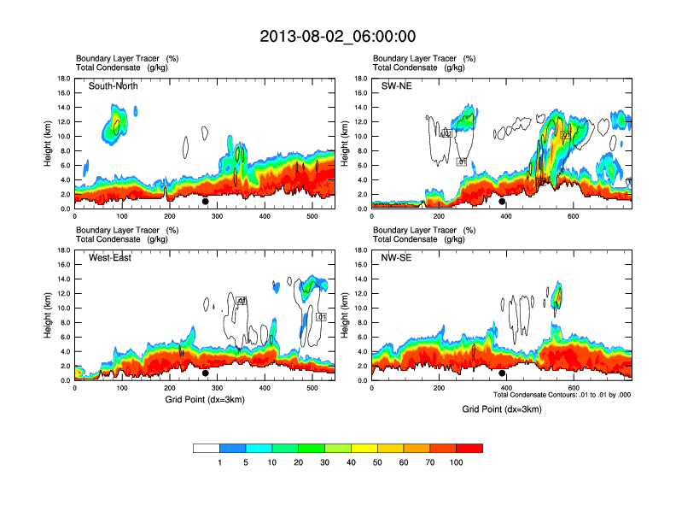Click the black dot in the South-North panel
tap(206, 202)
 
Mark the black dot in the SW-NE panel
tap(503, 202)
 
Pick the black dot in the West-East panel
tap(206, 373)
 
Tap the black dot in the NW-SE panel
tap(503, 373)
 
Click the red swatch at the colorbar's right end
tap(469, 448)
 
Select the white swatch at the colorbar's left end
tap(207, 448)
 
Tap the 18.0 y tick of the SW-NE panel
tap(360, 79)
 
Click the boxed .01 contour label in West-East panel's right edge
tap(321, 317)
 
